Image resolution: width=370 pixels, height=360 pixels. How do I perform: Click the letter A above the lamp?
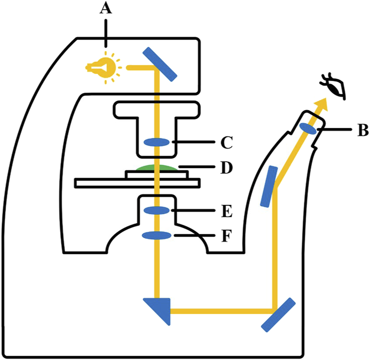click(105, 9)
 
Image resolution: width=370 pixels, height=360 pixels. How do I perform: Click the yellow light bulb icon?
click(103, 67)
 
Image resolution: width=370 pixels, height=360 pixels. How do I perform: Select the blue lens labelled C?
click(157, 142)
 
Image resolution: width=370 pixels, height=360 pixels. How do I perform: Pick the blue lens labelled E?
click(157, 210)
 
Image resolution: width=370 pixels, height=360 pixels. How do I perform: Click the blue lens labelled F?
click(157, 236)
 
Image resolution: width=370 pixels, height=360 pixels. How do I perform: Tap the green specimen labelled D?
click(157, 167)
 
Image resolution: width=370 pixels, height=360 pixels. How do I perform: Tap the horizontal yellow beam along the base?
click(221, 311)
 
